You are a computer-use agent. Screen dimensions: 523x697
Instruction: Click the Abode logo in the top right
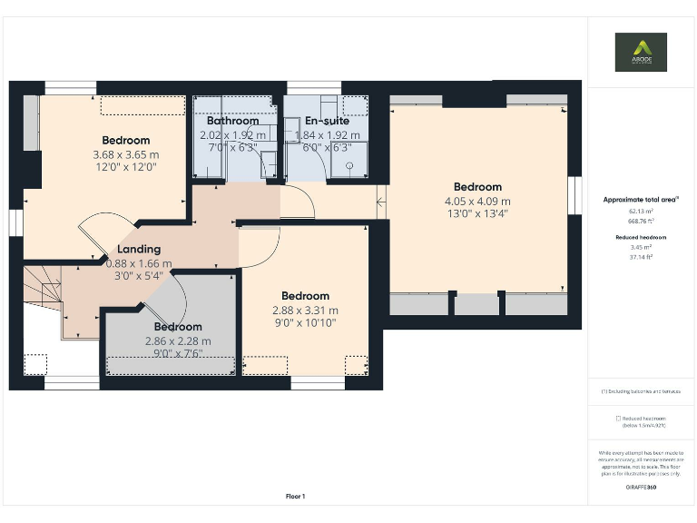click(641, 53)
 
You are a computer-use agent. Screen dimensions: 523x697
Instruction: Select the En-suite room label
click(327, 121)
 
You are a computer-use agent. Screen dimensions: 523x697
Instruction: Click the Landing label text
click(139, 249)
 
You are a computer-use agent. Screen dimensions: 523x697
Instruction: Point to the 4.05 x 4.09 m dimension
click(477, 202)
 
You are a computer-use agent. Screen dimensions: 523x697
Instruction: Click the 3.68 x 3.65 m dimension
click(125, 154)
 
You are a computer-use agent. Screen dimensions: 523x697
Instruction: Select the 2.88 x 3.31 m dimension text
click(305, 310)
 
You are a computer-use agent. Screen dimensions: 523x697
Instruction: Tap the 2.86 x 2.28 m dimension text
click(177, 341)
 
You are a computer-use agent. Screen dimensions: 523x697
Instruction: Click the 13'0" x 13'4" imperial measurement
click(477, 214)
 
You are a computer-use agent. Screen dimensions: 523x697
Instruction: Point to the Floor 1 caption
click(295, 497)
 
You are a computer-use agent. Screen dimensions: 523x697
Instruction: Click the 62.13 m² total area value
click(641, 211)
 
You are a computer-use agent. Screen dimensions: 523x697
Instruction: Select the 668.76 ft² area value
click(641, 220)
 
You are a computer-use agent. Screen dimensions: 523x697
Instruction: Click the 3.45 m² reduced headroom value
click(641, 247)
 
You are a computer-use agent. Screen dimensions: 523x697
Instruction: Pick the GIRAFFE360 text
click(641, 488)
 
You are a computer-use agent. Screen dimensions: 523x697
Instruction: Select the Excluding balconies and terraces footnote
click(641, 391)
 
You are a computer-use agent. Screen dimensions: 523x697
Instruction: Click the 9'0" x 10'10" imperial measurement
click(305, 322)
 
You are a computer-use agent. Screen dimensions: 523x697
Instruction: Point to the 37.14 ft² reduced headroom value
click(641, 257)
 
